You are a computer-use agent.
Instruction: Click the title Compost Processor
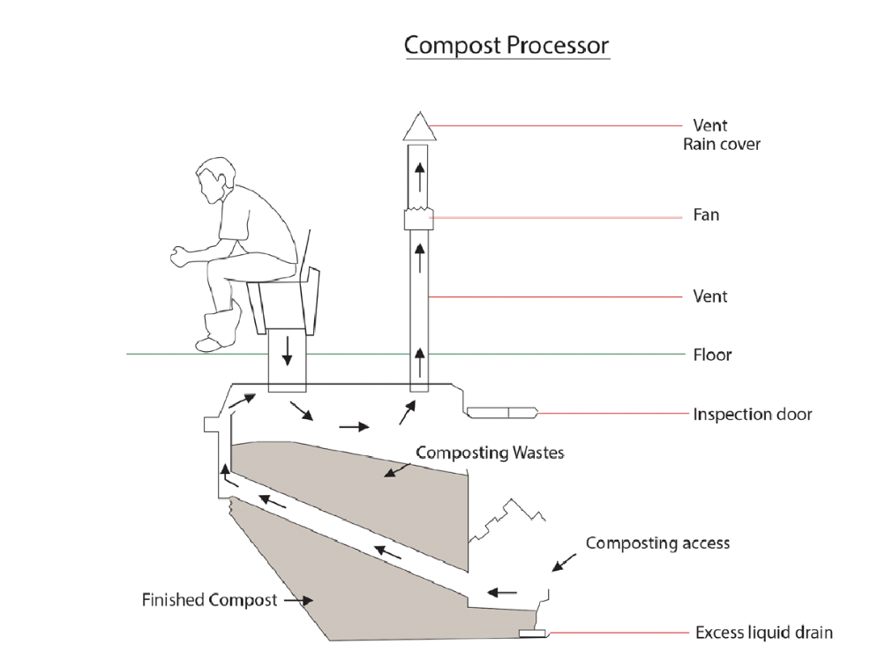pos(506,46)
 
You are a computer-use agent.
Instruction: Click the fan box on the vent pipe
pos(419,218)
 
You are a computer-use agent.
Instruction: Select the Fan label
pos(706,214)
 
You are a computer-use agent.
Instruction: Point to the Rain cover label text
pos(721,145)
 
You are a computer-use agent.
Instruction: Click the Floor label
pos(712,355)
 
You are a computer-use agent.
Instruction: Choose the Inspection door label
pos(753,415)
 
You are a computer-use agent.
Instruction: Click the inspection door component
pos(502,412)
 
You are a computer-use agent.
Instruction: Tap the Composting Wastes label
pos(490,453)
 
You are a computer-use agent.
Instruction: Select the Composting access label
pos(657,543)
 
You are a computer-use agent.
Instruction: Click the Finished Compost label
pos(209,600)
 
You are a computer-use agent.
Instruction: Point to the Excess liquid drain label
pos(764,633)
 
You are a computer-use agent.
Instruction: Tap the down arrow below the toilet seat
pos(287,350)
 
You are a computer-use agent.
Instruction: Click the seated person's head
pos(214,179)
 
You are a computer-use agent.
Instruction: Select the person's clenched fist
pos(178,257)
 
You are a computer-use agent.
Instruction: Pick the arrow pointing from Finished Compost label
pos(298,601)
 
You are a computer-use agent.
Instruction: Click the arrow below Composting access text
pos(564,562)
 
